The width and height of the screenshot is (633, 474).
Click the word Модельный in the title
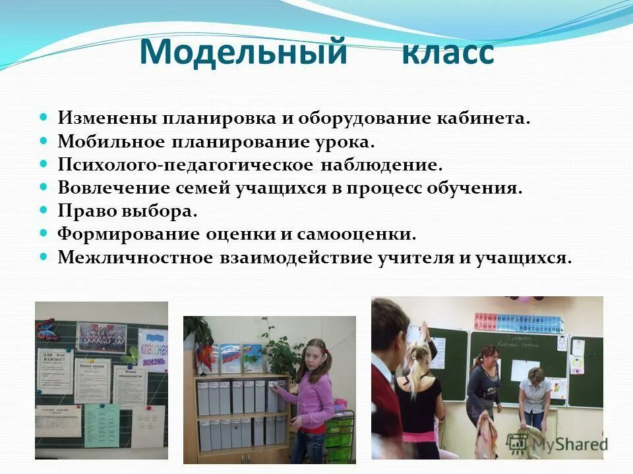(x=243, y=52)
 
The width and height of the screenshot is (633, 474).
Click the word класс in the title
(x=448, y=52)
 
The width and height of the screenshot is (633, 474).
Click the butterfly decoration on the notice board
(x=46, y=327)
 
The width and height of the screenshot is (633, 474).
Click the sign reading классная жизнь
(x=153, y=350)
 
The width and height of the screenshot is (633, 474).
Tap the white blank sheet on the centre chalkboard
(x=525, y=370)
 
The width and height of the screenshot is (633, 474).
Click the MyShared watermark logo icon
(x=518, y=442)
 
